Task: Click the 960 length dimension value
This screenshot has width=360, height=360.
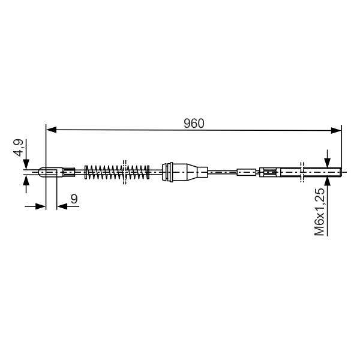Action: (x=194, y=124)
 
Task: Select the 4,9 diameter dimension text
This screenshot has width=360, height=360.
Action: (x=19, y=148)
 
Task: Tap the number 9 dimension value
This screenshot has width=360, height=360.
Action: (x=74, y=199)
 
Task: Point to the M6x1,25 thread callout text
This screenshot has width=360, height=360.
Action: (x=319, y=211)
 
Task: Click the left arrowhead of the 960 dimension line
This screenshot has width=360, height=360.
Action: (x=51, y=130)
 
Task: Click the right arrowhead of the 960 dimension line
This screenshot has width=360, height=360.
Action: (x=336, y=131)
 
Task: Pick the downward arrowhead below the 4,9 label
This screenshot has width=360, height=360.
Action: (x=26, y=164)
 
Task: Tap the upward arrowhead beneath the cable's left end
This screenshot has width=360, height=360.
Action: (x=26, y=181)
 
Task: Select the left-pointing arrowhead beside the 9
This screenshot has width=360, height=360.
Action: (x=62, y=206)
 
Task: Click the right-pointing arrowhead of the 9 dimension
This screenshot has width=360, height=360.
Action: (x=41, y=206)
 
